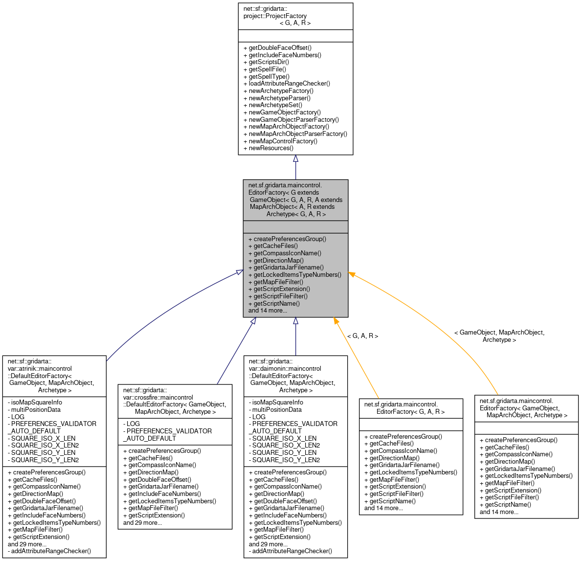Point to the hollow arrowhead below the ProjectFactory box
295,159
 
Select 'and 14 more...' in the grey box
268,311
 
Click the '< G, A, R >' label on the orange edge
362,336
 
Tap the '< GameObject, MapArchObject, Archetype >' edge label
499,336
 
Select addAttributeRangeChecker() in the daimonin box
290,551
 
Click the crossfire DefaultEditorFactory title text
175,401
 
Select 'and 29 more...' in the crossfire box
142,523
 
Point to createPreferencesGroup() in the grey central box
290,239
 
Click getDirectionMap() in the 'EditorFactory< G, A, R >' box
394,458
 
